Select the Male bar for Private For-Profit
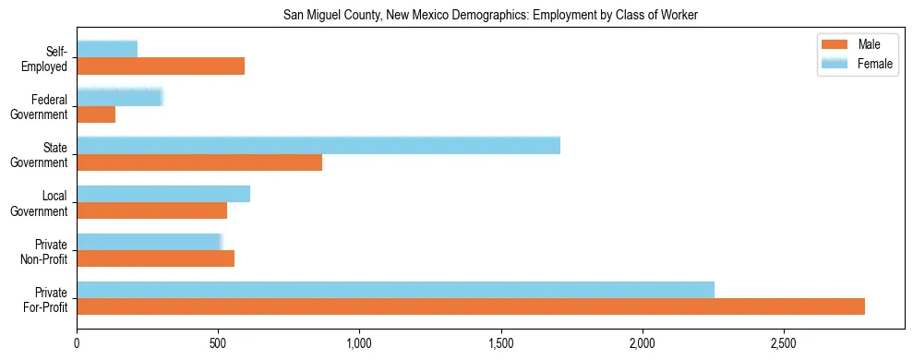[x=471, y=306]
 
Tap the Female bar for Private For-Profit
[x=395, y=290]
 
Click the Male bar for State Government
[x=199, y=162]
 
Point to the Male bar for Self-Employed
[x=161, y=66]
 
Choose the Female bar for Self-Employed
[x=107, y=49]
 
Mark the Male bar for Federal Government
[x=96, y=114]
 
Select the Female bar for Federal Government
[x=120, y=97]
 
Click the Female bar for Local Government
[x=163, y=194]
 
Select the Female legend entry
[x=855, y=64]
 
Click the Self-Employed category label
[x=50, y=58]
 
